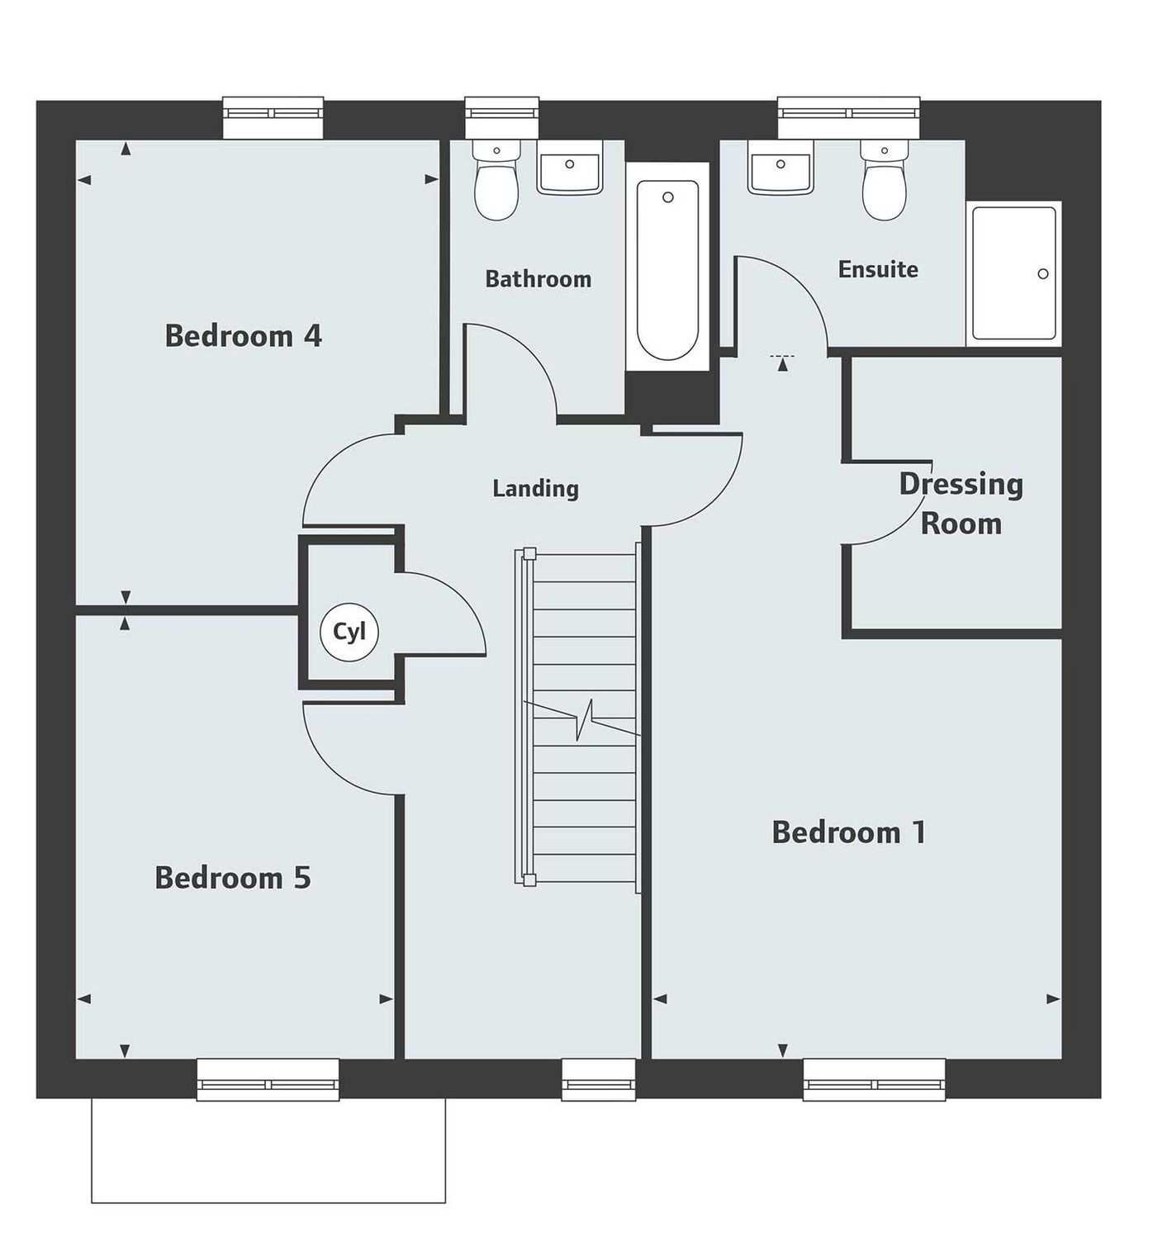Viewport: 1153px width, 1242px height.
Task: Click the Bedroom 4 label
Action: (243, 336)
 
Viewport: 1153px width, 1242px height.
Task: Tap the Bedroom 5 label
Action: (233, 878)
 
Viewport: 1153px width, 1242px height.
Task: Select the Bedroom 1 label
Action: (849, 832)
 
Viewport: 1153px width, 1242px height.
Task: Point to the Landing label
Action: (535, 488)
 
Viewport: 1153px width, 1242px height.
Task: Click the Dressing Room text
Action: (961, 504)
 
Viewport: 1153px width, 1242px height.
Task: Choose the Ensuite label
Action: (878, 269)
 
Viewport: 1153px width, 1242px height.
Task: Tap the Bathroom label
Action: (538, 279)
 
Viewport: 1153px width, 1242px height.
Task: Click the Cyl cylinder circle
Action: (349, 633)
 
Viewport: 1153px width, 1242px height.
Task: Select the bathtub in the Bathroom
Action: (667, 268)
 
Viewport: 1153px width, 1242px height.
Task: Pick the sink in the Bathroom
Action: (569, 169)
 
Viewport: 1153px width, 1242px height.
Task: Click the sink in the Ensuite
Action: (781, 169)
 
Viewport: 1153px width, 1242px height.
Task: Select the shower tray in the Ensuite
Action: (1013, 273)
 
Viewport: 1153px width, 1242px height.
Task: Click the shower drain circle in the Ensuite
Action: (1043, 273)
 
